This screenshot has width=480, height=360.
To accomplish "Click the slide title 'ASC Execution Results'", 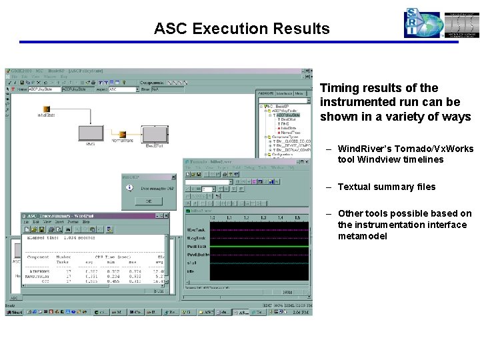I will point(241,29).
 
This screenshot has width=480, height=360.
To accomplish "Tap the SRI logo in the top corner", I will point(422,24).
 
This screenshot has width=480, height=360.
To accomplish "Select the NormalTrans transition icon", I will point(121,134).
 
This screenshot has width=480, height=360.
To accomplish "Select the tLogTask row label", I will point(195,237).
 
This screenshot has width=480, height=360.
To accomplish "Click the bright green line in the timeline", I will point(260,246).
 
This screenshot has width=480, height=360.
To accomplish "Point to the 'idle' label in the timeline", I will point(191,271).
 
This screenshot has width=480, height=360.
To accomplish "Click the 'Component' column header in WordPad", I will point(37,257).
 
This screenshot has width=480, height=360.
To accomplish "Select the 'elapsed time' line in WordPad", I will point(60,237).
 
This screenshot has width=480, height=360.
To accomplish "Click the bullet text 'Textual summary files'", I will point(386,187).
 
